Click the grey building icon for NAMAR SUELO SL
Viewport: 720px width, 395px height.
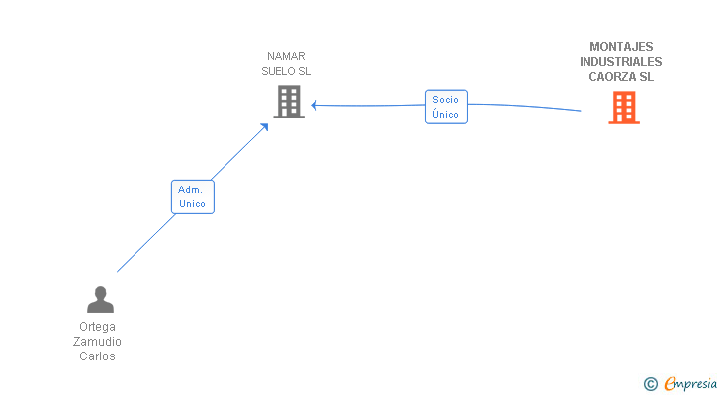[289, 102]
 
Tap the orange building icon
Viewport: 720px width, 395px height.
[624, 108]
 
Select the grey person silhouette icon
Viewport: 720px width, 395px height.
[100, 299]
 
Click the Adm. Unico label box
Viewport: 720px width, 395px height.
[193, 197]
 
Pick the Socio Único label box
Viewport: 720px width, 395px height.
[446, 107]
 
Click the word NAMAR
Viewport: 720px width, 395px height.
[286, 56]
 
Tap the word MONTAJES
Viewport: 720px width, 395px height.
[621, 47]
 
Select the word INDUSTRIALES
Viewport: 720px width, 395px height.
[621, 62]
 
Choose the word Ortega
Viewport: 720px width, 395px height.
[97, 327]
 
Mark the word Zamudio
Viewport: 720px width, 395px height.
[97, 342]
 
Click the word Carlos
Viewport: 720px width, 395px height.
[97, 356]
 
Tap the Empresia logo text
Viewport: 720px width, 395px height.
[690, 383]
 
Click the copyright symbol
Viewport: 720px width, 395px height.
[650, 384]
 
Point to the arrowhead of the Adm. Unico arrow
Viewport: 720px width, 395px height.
[265, 127]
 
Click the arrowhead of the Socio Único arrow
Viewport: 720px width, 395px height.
[315, 105]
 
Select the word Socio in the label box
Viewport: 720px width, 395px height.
[445, 100]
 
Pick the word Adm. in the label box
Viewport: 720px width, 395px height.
[190, 190]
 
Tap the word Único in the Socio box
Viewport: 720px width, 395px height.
[445, 114]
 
